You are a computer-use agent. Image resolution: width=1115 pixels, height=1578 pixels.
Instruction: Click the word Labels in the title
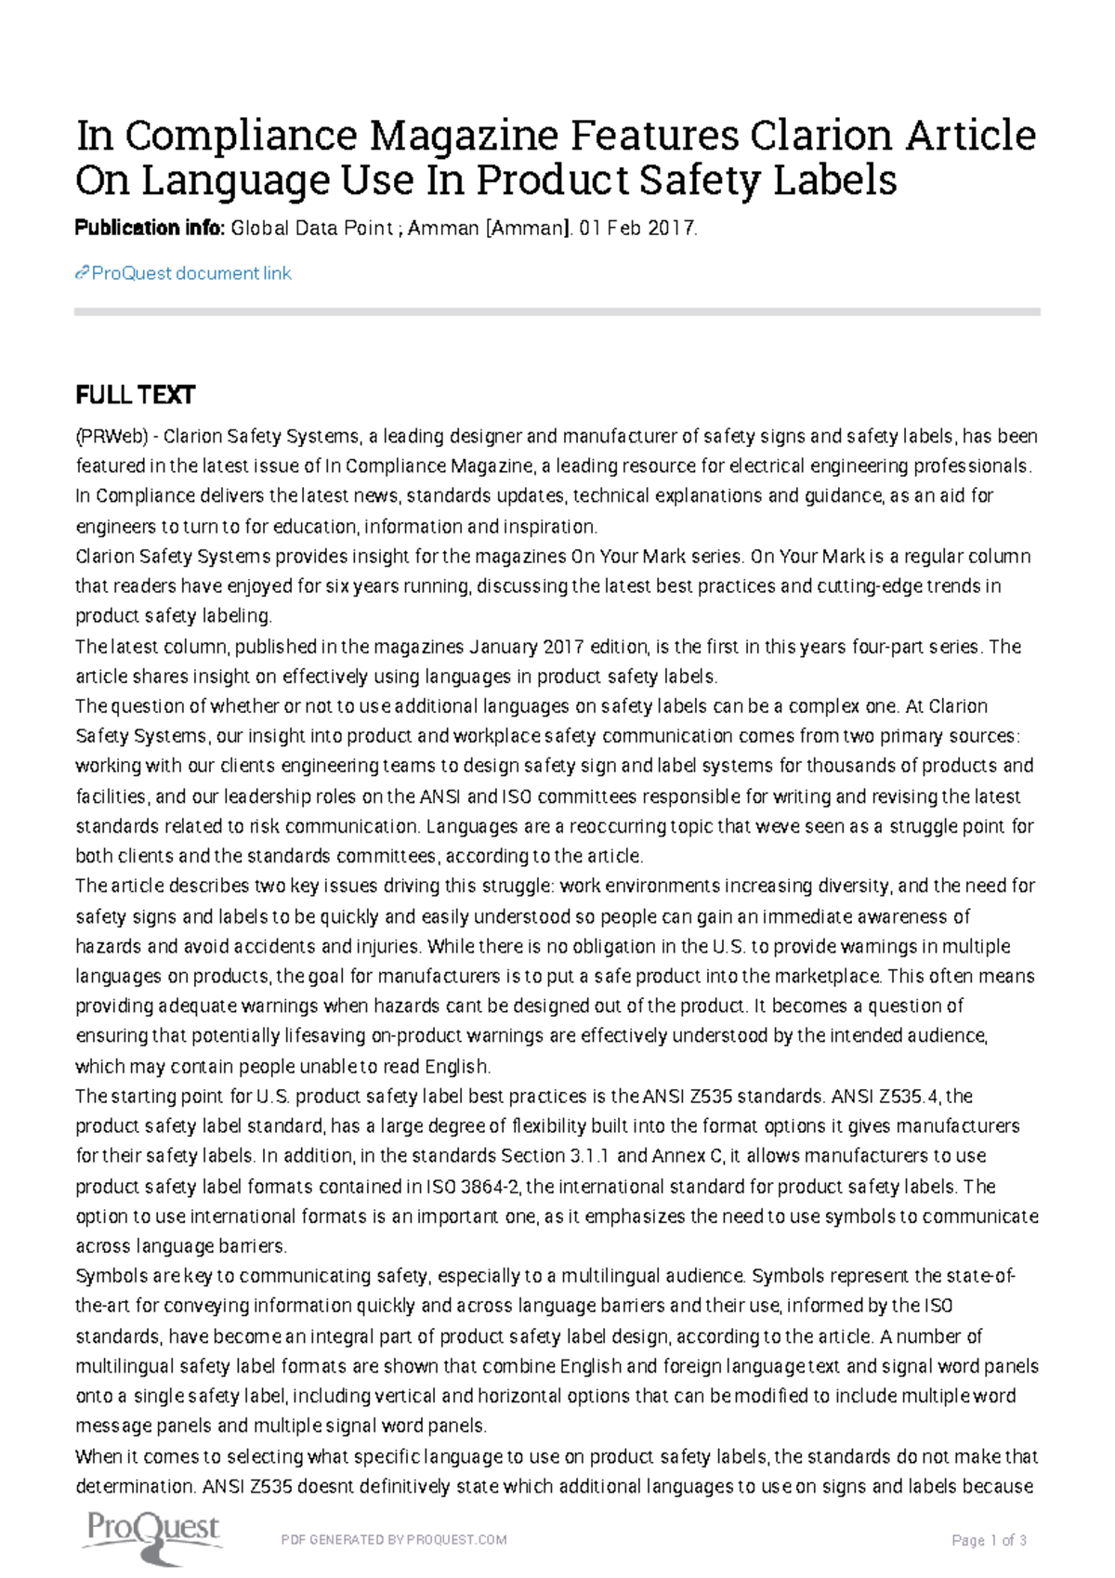(x=834, y=180)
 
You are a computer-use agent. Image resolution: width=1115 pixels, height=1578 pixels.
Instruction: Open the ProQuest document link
(x=191, y=273)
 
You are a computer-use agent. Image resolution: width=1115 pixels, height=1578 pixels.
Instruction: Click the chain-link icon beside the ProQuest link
(x=82, y=273)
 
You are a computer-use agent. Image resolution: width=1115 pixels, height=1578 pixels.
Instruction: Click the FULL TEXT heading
(x=135, y=395)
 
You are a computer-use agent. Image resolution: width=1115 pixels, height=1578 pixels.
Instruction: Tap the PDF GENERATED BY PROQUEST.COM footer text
(x=394, y=1540)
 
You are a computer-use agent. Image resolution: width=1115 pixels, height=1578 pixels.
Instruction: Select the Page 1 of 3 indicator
(x=989, y=1541)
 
